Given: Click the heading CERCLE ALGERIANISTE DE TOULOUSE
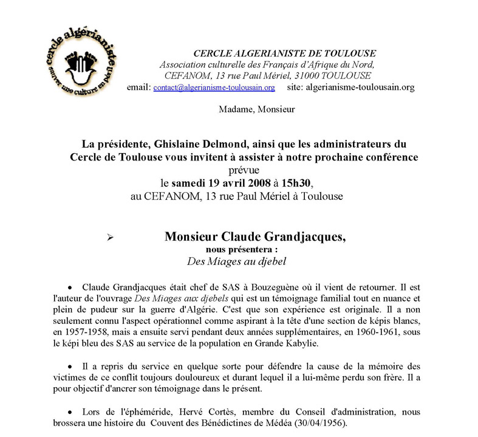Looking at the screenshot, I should click(x=284, y=53).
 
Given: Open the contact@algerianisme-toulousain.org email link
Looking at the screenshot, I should click(x=214, y=87).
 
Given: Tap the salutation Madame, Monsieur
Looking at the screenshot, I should click(x=255, y=109).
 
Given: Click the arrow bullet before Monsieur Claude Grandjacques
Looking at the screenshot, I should click(x=110, y=238).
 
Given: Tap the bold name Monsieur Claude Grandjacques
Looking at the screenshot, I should click(x=255, y=236).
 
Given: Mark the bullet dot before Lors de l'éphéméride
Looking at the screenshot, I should click(x=70, y=411).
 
